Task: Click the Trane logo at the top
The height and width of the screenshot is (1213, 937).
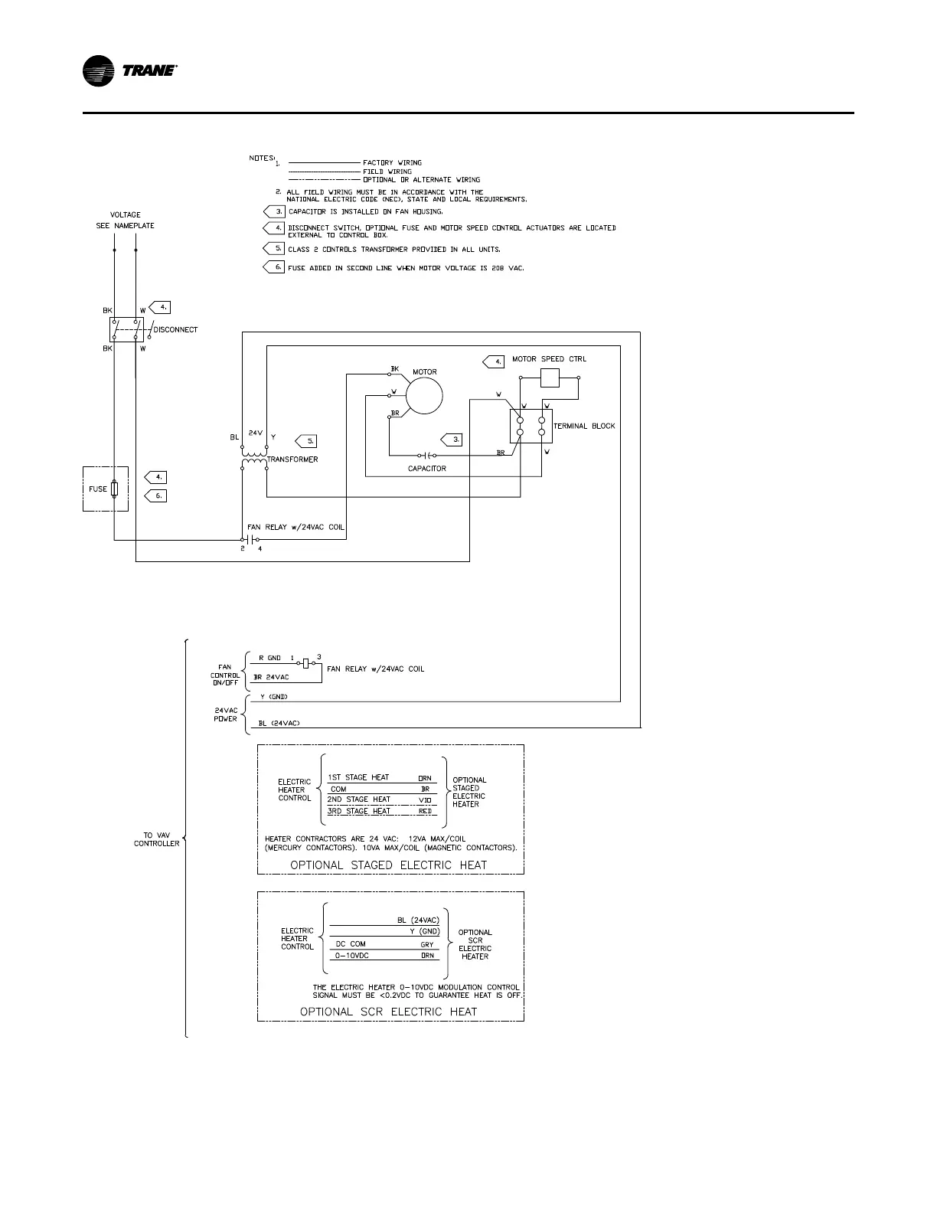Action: tap(130, 71)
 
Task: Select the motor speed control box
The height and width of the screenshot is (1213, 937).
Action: tap(550, 378)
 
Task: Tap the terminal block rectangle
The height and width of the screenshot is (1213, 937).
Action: tap(531, 426)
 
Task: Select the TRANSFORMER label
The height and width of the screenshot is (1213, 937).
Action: tap(292, 459)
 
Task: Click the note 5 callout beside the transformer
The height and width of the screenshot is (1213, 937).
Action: tap(305, 441)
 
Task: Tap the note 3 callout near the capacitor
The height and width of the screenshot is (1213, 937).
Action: tap(452, 440)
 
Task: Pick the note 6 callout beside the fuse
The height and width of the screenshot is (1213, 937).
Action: tap(155, 495)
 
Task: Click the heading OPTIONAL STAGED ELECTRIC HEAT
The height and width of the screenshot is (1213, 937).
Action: tap(388, 865)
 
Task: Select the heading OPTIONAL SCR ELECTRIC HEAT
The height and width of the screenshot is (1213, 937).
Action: tap(388, 1012)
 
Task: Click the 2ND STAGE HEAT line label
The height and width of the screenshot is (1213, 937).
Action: tap(359, 799)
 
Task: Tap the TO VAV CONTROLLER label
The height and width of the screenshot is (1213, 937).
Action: tap(156, 839)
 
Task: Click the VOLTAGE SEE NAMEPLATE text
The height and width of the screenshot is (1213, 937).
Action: tap(126, 220)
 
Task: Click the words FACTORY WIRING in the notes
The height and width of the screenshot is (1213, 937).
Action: tap(392, 162)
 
